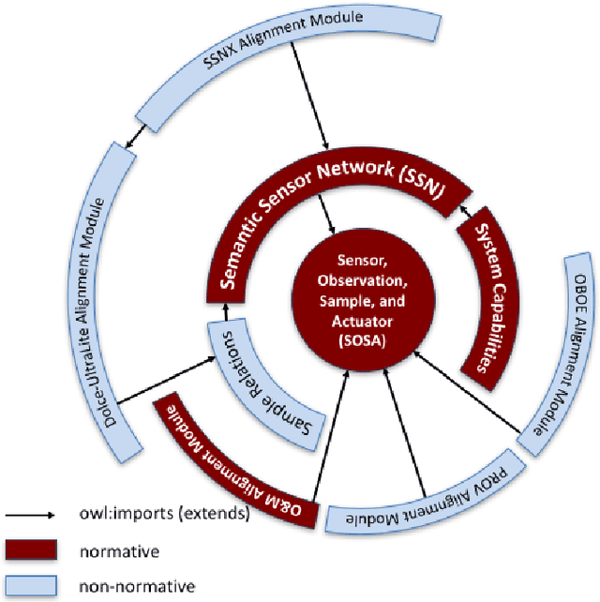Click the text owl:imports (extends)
point(159,516)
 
